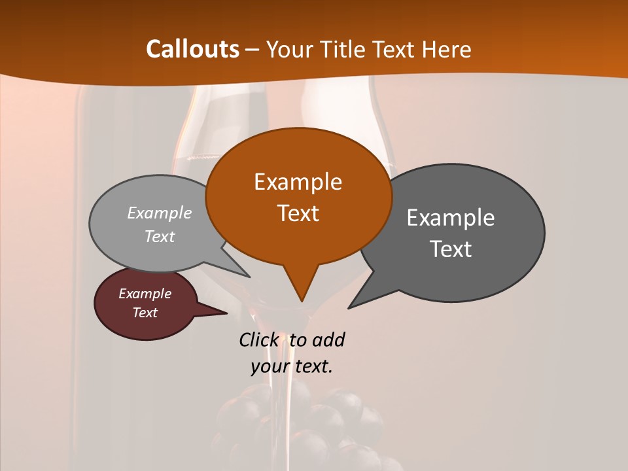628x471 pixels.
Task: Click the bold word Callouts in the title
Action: pyautogui.click(x=192, y=49)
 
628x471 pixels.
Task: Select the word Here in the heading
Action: pyautogui.click(x=447, y=49)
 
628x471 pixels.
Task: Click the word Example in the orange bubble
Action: pyautogui.click(x=298, y=182)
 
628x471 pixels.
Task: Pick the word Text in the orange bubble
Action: pyautogui.click(x=298, y=213)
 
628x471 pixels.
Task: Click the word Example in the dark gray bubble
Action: pyautogui.click(x=451, y=218)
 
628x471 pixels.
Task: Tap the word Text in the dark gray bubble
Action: pyautogui.click(x=451, y=249)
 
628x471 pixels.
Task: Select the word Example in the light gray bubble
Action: pyautogui.click(x=160, y=213)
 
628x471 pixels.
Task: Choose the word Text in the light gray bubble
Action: pyautogui.click(x=160, y=237)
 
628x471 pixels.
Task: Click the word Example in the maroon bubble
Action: pyautogui.click(x=145, y=294)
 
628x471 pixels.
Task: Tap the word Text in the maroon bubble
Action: pyautogui.click(x=145, y=313)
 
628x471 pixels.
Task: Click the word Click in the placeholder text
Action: pyautogui.click(x=258, y=340)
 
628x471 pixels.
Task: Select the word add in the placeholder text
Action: pyautogui.click(x=328, y=340)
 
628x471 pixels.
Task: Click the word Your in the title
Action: pyautogui.click(x=286, y=49)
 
